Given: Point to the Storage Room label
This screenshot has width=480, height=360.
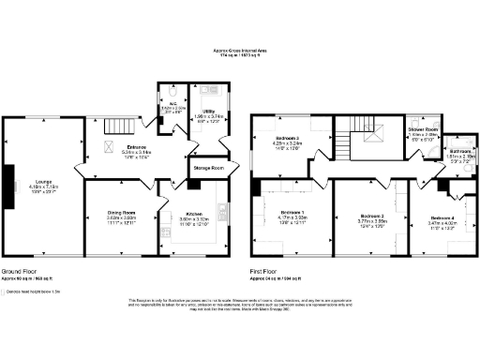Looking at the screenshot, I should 209,168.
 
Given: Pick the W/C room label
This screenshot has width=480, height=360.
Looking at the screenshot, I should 172,105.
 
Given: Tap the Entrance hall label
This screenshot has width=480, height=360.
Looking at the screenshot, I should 125,148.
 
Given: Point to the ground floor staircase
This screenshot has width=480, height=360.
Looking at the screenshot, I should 117,127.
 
